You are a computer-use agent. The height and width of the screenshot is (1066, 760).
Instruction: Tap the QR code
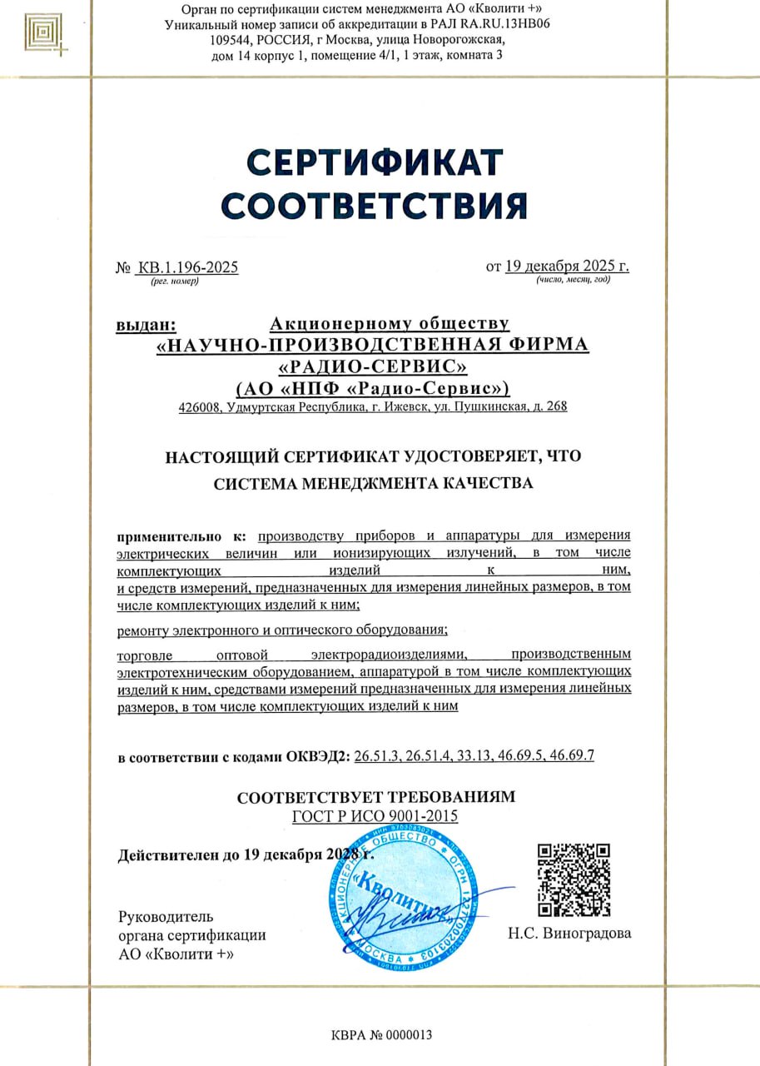coord(574,879)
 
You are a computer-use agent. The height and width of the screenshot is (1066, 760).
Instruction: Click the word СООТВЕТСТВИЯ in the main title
coord(375,205)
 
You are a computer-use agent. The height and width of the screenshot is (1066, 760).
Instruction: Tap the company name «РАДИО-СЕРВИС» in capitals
coord(372,366)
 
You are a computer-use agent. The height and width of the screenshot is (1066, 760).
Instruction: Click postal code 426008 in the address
coord(198,407)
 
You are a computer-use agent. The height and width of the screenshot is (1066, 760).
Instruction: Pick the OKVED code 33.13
coord(472,756)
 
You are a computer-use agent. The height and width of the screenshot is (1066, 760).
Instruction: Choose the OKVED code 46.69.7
coord(571,756)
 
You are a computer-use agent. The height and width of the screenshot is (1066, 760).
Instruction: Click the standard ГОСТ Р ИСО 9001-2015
coord(375,816)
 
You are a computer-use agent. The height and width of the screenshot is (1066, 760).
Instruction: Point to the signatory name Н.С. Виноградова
coord(569,933)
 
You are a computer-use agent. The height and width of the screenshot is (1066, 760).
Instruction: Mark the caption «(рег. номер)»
coord(175,281)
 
